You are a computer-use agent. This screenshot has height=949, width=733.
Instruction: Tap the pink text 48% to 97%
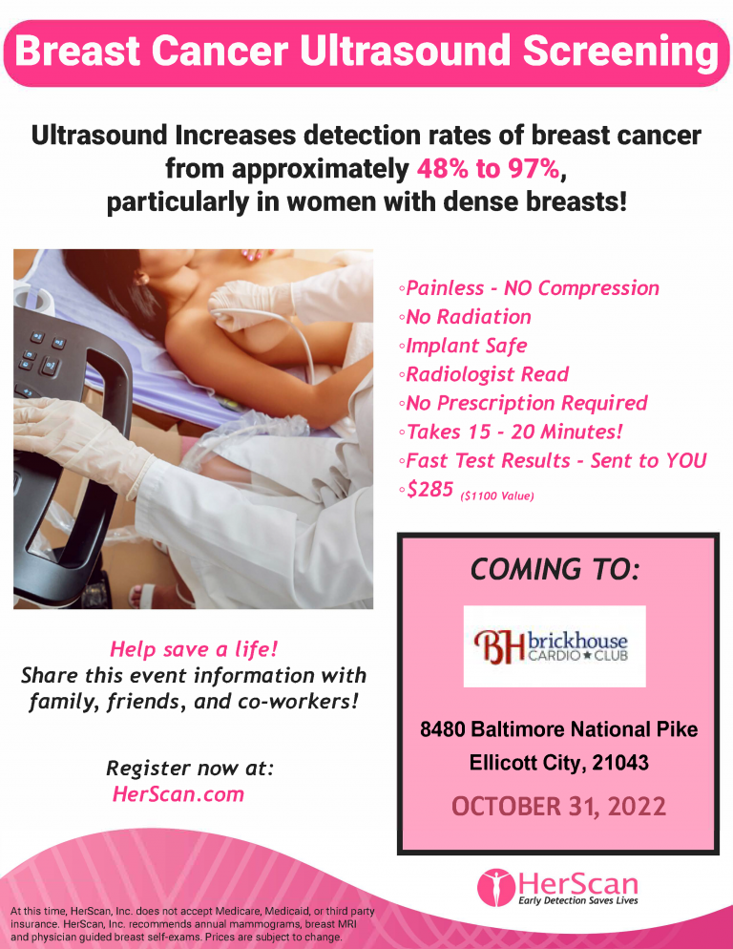488,169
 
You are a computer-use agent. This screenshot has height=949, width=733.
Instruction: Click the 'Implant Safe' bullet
463,346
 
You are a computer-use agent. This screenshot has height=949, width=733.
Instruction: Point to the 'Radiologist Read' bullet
483,374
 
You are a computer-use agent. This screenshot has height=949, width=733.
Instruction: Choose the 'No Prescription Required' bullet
523,403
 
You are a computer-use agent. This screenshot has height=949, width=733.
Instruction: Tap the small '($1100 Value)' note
497,496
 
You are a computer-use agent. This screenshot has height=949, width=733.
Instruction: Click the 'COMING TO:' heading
555,570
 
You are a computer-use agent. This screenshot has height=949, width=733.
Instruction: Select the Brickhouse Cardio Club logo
555,646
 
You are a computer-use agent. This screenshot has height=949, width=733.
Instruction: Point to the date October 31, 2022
558,807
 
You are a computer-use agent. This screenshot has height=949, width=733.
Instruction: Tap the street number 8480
443,729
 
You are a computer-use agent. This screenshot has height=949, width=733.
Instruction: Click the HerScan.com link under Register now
178,794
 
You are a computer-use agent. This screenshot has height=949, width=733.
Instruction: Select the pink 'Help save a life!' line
194,649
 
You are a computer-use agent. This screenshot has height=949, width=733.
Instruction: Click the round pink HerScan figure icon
495,888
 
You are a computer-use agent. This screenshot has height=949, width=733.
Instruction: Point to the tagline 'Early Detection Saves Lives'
578,901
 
